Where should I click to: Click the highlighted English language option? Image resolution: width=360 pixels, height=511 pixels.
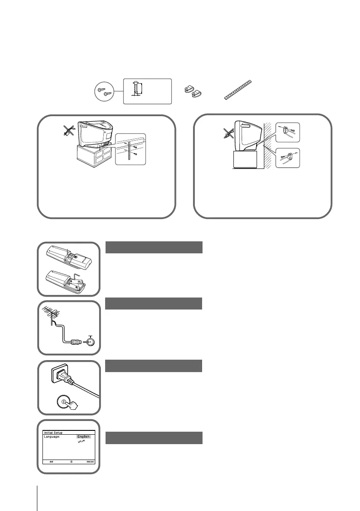84,436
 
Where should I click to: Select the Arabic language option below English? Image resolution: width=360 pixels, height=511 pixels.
80,442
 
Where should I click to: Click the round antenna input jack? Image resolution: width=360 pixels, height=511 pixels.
90,342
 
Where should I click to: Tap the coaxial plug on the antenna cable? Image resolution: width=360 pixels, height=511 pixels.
76,342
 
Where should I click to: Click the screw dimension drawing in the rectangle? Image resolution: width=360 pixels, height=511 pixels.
147,91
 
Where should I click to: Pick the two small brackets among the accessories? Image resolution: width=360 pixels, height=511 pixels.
194,91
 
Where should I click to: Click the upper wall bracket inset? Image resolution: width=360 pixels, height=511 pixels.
289,132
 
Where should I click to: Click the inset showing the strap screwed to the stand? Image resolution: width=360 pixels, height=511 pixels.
131,149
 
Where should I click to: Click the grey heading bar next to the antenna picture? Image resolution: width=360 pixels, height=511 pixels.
154,304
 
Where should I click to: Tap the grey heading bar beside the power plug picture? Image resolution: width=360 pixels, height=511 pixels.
154,366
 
